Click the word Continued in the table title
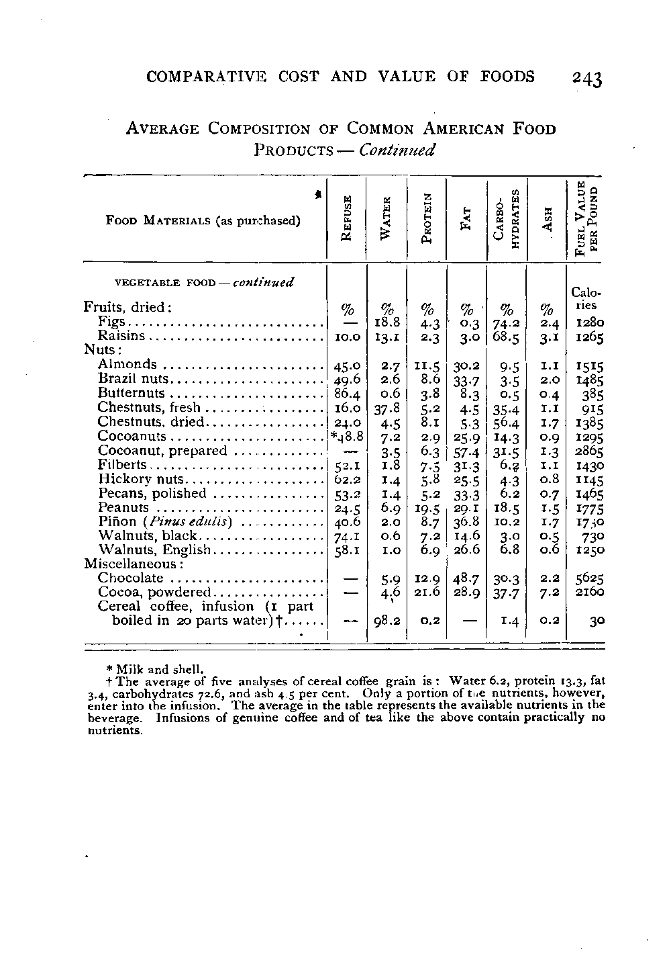click(397, 149)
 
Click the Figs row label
click(110, 322)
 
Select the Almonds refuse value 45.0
click(347, 365)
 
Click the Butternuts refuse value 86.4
click(347, 394)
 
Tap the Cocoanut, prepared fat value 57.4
click(466, 451)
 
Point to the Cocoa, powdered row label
click(154, 592)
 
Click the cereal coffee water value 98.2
click(387, 621)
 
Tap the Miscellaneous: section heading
click(125, 564)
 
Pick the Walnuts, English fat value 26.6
click(466, 550)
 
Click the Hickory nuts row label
click(140, 479)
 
